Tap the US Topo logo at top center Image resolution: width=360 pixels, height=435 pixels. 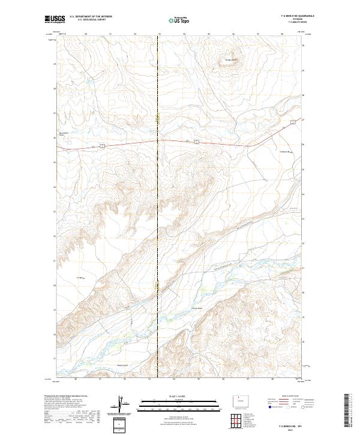179,20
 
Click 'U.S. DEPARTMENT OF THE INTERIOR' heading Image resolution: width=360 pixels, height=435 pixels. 91,17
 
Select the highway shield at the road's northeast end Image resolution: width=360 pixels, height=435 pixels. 293,122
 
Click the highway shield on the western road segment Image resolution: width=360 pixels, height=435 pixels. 103,145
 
